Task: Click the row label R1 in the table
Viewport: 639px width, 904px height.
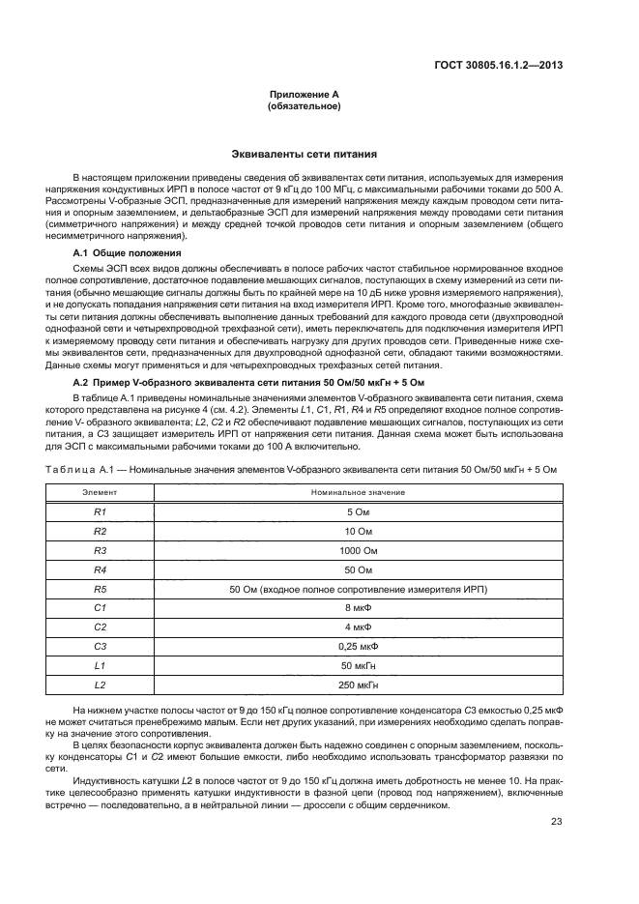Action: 100,510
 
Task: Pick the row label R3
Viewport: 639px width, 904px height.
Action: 100,549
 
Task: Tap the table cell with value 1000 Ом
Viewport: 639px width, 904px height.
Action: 358,549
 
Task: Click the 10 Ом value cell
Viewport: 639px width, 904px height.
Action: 358,530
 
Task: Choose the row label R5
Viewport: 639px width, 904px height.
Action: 100,588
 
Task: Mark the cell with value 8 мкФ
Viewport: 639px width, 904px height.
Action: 358,607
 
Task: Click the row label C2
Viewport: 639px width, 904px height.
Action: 100,627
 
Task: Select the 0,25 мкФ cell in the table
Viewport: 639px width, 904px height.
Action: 358,646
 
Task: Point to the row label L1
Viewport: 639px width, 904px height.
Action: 100,665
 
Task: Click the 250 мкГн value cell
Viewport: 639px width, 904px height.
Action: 358,685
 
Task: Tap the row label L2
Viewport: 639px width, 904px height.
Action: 100,685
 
